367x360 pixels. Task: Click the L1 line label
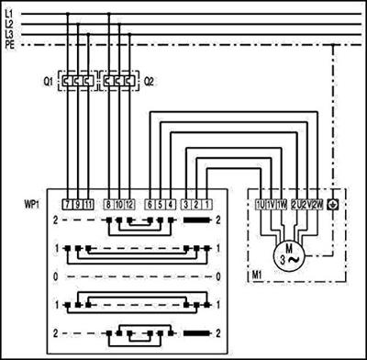coord(9,11)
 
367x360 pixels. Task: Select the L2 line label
coord(9,22)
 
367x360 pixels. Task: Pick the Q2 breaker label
coord(149,81)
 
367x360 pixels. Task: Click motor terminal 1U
coord(261,203)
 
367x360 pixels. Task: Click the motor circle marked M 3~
coord(290,253)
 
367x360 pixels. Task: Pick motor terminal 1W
coord(282,203)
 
